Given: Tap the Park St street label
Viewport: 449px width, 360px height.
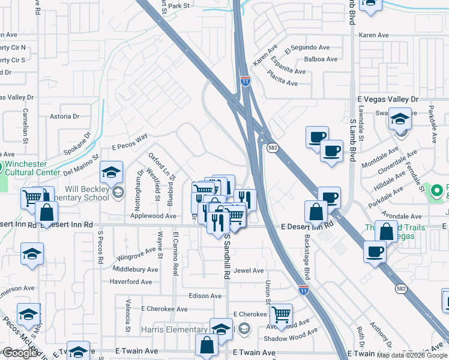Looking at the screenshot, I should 178,6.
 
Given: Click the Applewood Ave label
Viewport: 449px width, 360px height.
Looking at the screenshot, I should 154,216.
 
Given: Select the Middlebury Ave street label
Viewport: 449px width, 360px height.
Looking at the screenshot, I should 135,270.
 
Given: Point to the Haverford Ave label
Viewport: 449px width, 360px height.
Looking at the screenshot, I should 131,281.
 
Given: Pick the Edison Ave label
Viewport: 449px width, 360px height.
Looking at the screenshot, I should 205,296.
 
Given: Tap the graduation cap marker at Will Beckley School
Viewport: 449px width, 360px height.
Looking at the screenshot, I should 112,173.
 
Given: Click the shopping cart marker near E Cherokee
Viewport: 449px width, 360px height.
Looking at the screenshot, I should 280,314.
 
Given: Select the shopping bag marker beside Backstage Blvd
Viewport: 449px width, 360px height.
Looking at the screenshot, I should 316,212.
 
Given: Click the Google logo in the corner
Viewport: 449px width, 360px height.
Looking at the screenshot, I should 20,353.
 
